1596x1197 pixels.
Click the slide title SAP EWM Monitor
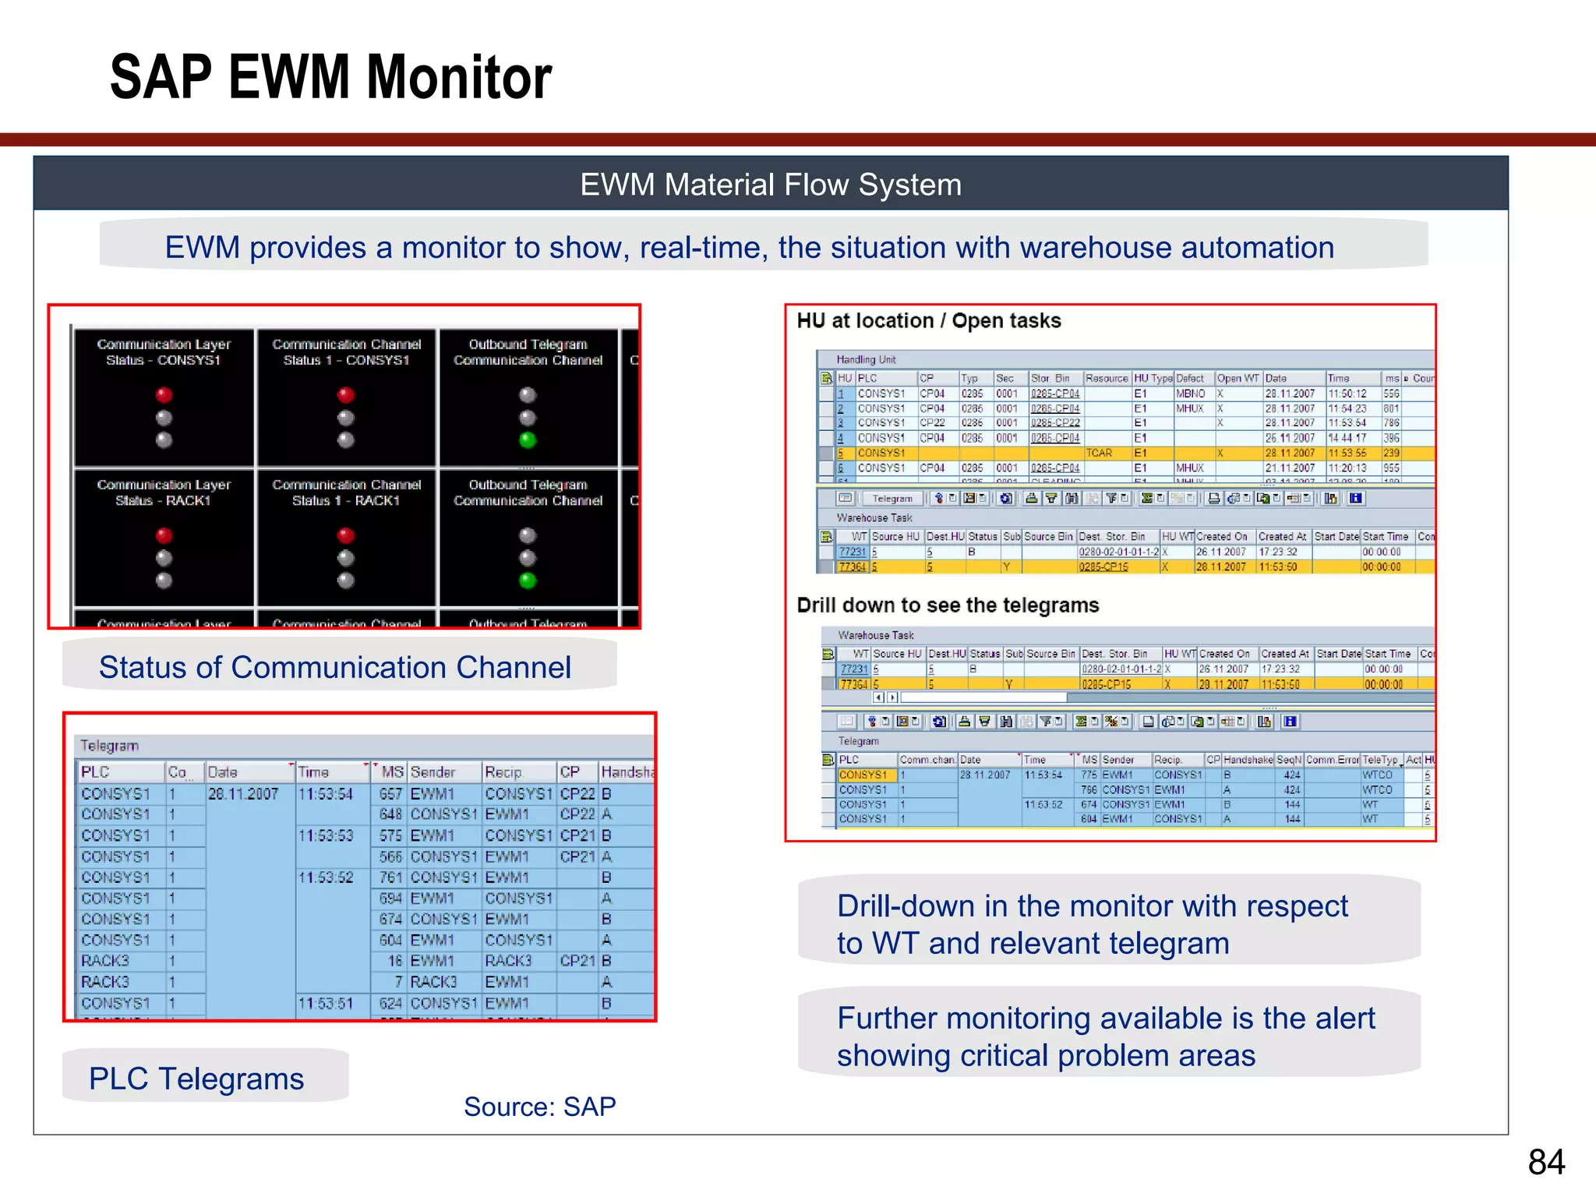click(x=331, y=77)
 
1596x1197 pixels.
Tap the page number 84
click(x=1546, y=1162)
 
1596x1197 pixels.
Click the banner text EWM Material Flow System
click(x=771, y=185)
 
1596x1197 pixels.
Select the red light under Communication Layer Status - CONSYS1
click(x=164, y=395)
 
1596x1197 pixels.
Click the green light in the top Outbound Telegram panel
click(x=528, y=440)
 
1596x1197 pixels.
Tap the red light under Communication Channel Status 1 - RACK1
click(x=346, y=535)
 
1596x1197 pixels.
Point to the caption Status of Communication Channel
click(x=335, y=667)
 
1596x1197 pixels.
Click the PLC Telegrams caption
click(x=196, y=1079)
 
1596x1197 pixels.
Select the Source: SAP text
click(x=539, y=1107)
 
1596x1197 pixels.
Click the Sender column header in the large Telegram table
click(x=433, y=772)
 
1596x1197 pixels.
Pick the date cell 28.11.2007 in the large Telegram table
click(x=243, y=794)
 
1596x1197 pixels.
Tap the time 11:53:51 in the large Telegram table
click(x=326, y=1004)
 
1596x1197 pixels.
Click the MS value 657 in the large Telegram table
click(x=390, y=794)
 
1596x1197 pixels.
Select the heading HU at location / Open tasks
click(x=929, y=321)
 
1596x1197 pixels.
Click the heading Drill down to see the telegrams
click(x=948, y=606)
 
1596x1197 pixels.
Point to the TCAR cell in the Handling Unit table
click(x=1099, y=453)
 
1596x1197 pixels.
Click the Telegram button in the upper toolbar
click(x=892, y=499)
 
